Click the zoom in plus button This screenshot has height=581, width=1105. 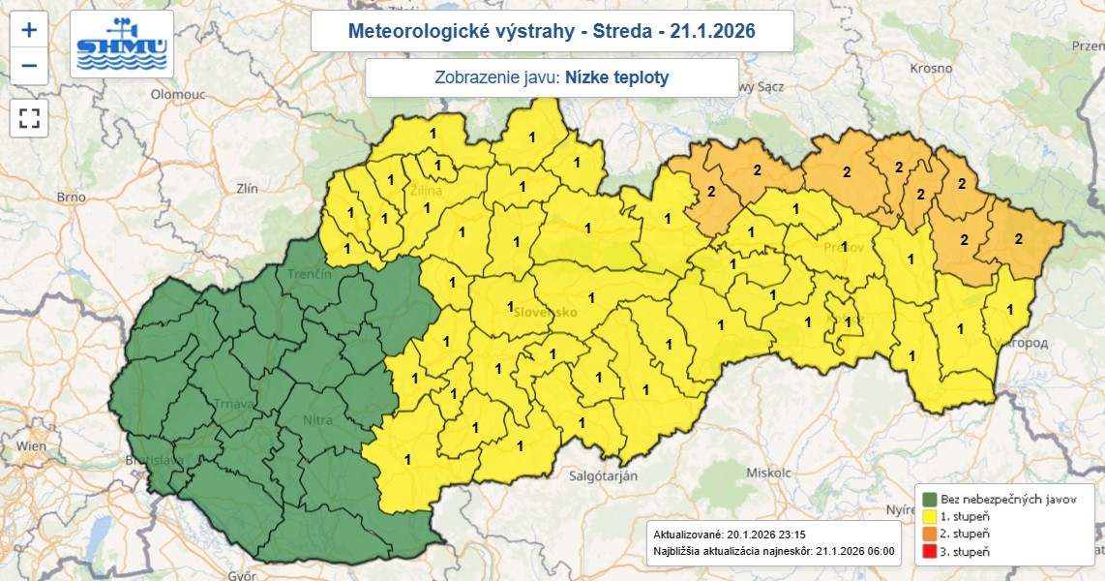[29, 29]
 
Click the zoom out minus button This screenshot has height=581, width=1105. [29, 66]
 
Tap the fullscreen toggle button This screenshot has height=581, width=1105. [29, 118]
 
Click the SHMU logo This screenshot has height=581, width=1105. [123, 45]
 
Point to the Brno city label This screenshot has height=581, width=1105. [72, 197]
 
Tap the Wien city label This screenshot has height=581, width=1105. [31, 446]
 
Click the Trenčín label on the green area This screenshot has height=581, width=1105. [310, 276]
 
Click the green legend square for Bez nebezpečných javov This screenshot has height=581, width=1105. [929, 499]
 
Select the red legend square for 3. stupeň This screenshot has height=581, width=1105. [929, 551]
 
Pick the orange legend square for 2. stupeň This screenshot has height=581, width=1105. [929, 534]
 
